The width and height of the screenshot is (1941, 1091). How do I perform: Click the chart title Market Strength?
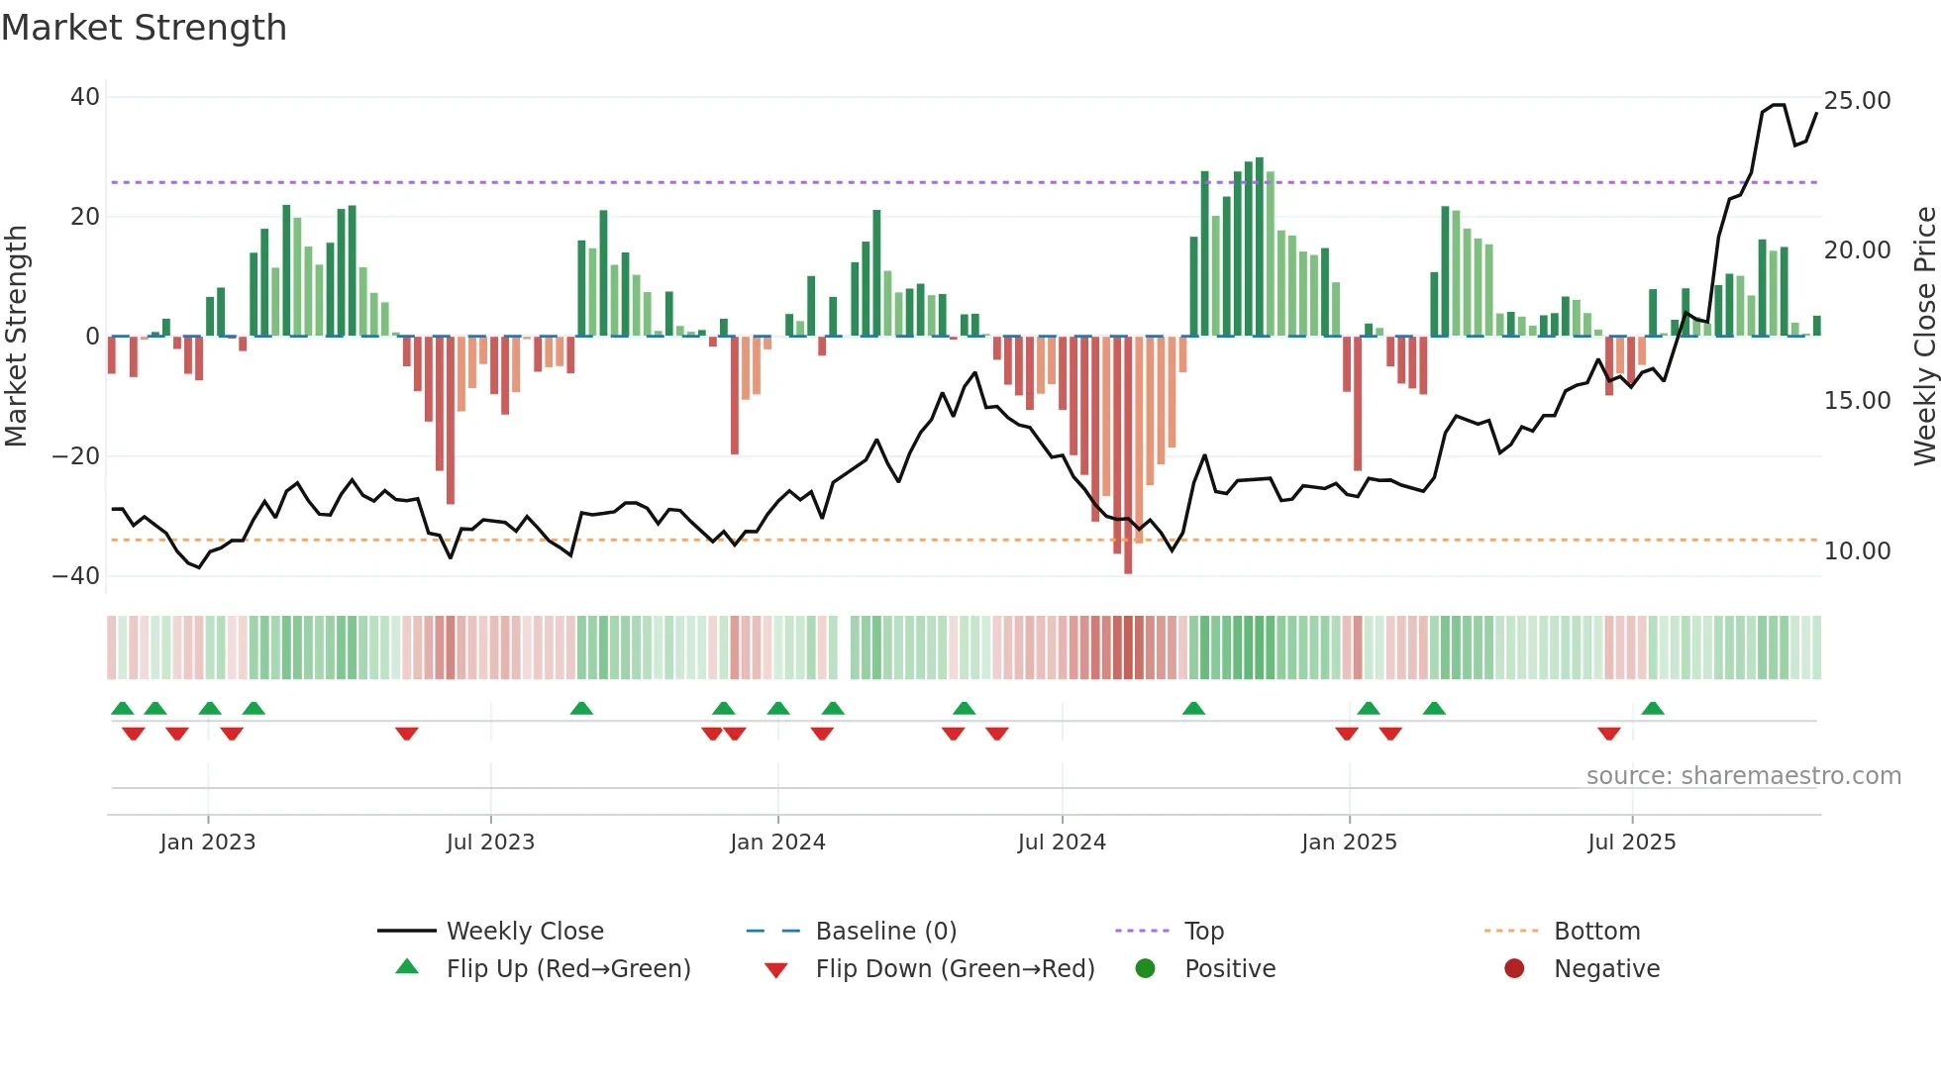(144, 28)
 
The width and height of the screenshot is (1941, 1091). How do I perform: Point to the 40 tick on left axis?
(85, 97)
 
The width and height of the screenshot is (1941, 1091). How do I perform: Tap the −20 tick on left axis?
(76, 456)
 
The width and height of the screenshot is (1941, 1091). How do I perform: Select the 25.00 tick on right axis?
(1857, 101)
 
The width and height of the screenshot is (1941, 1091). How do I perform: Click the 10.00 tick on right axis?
(1857, 551)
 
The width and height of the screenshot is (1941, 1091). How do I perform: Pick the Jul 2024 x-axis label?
(1062, 843)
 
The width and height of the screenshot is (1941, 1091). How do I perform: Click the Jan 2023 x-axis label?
(208, 843)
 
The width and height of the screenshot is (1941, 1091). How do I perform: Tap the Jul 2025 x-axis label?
(1631, 843)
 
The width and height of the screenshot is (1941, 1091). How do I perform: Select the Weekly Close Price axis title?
(1924, 337)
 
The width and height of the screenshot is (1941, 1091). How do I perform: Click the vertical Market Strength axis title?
(16, 337)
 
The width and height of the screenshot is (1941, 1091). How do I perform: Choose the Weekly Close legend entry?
(525, 932)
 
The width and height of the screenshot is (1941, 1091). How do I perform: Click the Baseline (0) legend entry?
(885, 932)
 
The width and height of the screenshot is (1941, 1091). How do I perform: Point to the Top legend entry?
(1204, 932)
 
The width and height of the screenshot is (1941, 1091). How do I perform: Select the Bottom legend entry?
(1596, 932)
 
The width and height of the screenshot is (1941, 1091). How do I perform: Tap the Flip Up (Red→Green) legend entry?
(567, 969)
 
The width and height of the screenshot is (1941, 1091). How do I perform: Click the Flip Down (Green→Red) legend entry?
(955, 969)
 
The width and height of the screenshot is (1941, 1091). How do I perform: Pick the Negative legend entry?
(1605, 969)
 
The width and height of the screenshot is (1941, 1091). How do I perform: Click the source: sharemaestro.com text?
(1743, 776)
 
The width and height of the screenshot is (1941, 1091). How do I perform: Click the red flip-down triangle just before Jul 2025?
(1609, 734)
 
